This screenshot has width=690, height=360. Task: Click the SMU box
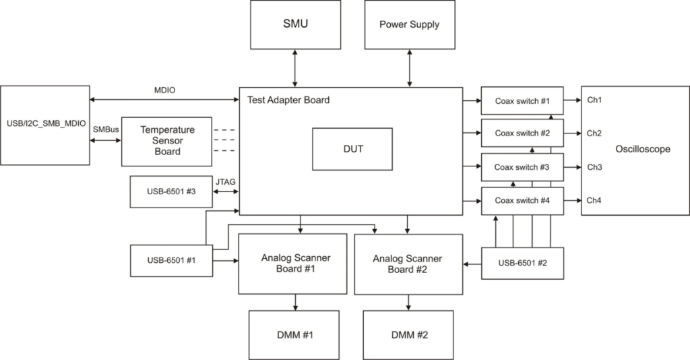[x=294, y=24]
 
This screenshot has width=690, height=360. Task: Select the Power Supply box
[x=409, y=24]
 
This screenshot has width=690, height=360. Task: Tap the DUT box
[x=353, y=149]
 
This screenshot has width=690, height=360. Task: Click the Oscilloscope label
[x=643, y=149]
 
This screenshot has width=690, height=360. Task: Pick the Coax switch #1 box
[x=522, y=100]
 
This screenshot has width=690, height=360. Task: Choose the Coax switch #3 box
[x=522, y=167]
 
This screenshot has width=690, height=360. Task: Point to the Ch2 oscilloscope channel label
[x=594, y=133]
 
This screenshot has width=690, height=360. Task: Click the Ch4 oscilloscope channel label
[x=594, y=200]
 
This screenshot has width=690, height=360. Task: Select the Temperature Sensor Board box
[x=167, y=140]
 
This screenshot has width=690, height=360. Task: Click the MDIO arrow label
[x=165, y=90]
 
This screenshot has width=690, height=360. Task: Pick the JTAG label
[x=225, y=181]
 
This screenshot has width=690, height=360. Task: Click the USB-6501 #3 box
[x=170, y=192]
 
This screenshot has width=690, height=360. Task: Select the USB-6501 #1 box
[x=170, y=261]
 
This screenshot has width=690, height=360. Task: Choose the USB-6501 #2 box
[x=522, y=263]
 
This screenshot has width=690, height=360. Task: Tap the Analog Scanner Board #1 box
[x=295, y=264]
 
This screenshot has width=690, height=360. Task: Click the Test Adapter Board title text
[x=288, y=100]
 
